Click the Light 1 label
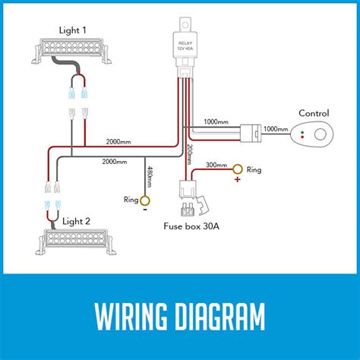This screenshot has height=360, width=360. [x=74, y=30]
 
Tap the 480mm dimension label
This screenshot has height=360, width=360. [x=150, y=177]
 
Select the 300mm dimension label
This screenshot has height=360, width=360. [x=216, y=164]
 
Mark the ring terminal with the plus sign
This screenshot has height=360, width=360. [x=238, y=169]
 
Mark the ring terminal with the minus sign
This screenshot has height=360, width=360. [x=146, y=201]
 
